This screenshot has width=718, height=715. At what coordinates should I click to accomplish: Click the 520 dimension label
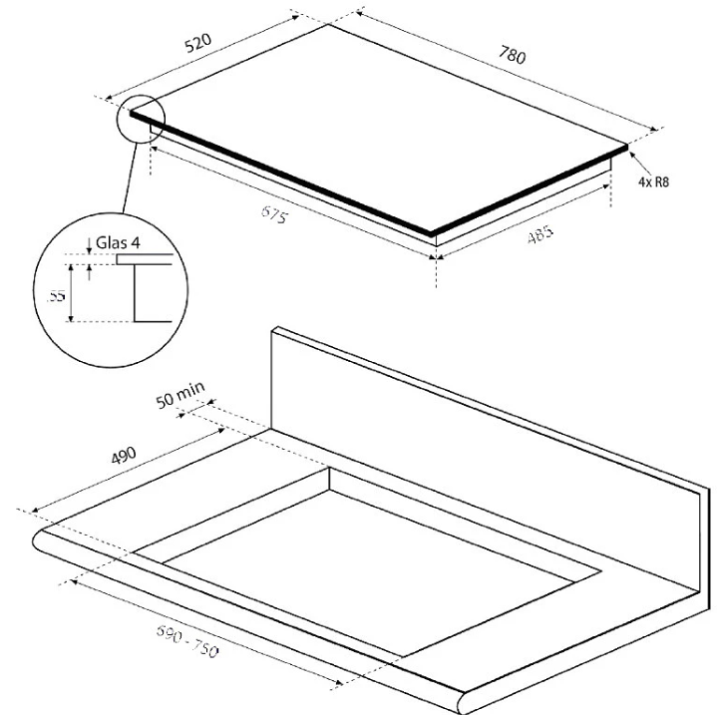tap(198, 42)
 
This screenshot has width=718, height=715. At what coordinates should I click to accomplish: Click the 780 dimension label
tap(512, 55)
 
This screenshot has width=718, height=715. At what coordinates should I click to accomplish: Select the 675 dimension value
tap(275, 214)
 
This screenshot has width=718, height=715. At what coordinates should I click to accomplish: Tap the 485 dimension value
tap(540, 234)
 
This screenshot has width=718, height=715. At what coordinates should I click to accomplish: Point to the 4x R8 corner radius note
tap(653, 181)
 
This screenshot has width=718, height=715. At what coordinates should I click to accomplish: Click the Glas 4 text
tap(118, 242)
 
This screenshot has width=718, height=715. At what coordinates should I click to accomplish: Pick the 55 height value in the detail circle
tap(57, 296)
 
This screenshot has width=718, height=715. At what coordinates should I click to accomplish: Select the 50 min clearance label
tap(179, 395)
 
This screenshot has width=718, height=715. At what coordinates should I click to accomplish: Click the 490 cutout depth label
tap(124, 455)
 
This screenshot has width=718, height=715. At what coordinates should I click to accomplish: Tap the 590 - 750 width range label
tap(187, 641)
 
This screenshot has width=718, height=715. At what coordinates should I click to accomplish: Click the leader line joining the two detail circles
tap(130, 178)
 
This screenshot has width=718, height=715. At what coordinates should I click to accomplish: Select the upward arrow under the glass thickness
tap(90, 272)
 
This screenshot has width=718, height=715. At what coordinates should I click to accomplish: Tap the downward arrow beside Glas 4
tap(89, 246)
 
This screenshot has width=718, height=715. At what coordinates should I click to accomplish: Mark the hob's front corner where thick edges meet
tap(431, 233)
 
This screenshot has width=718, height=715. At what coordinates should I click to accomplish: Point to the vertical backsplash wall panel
tap(486, 458)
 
